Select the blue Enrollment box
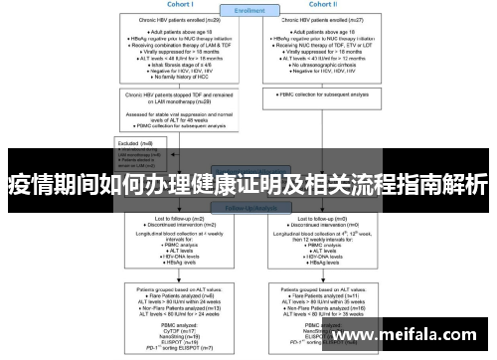click(249, 12)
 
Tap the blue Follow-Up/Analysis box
click(249, 208)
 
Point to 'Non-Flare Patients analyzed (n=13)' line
click(175, 308)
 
